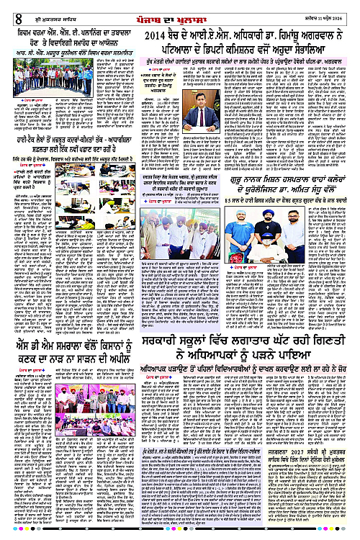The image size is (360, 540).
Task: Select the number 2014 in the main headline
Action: coord(159,36)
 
